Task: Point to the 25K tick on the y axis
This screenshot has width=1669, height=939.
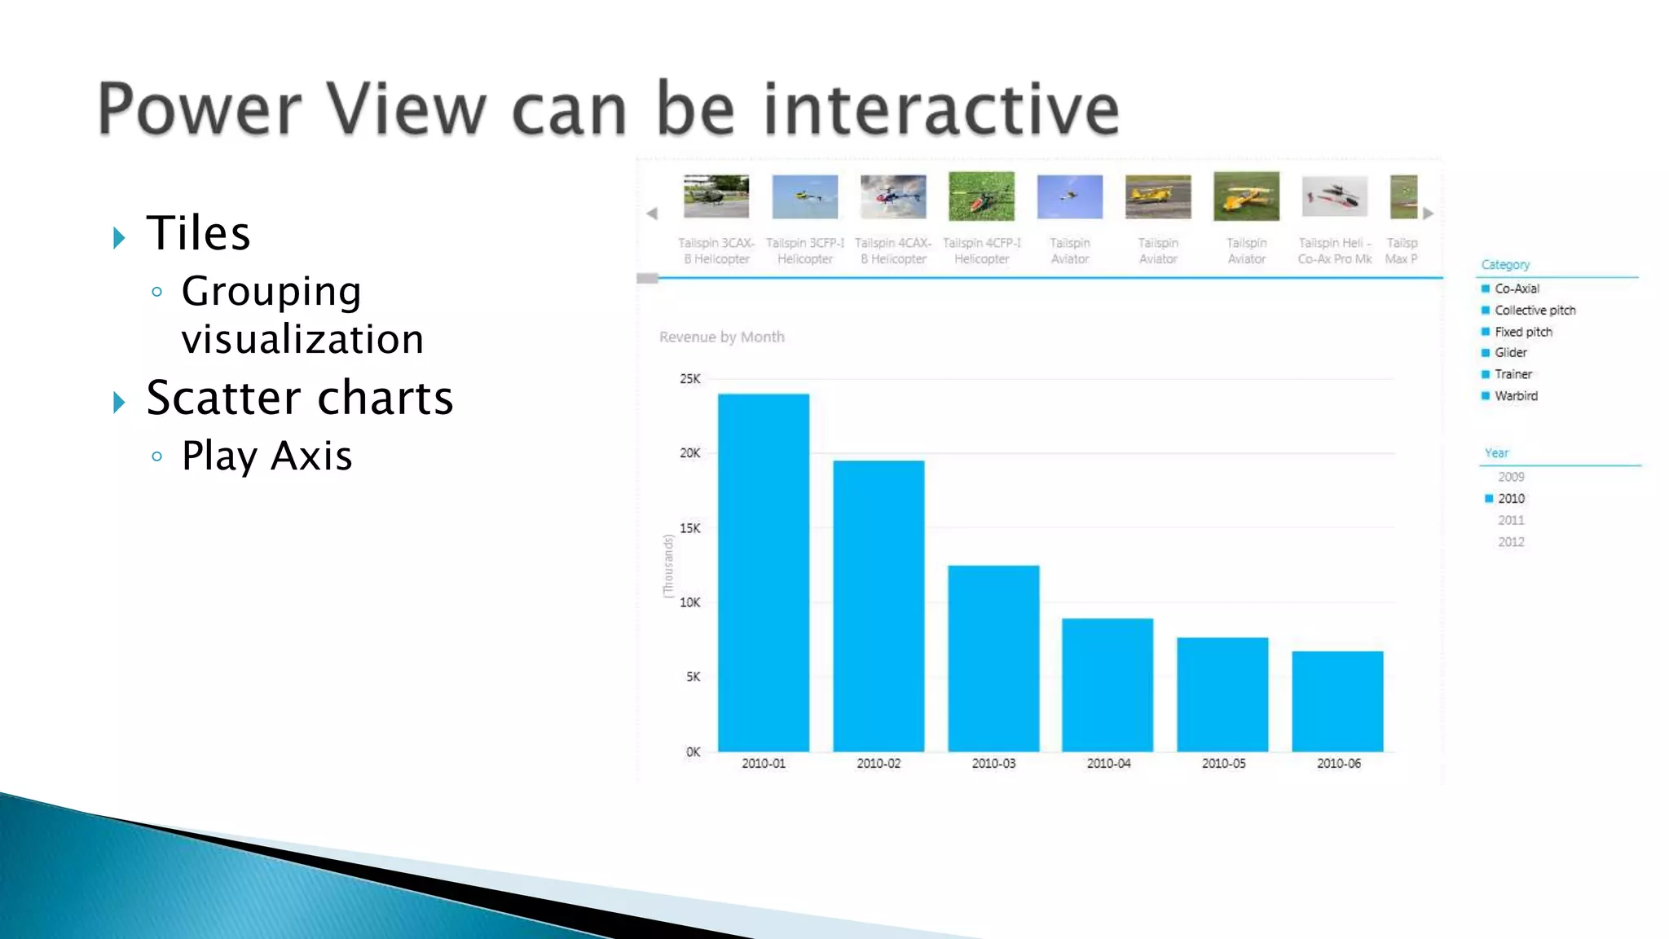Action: [689, 379]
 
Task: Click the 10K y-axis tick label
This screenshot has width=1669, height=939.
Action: [689, 602]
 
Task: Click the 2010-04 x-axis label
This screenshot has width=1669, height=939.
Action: [1108, 764]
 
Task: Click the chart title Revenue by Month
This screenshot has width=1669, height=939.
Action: [721, 337]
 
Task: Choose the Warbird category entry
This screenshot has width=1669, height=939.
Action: [1515, 396]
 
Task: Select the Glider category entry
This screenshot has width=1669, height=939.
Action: [1510, 353]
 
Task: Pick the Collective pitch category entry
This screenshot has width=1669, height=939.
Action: [1534, 311]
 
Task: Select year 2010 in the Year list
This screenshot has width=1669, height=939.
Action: [1510, 499]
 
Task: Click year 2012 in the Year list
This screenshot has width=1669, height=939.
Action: [1510, 542]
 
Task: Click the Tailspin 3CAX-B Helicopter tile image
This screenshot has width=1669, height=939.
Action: [716, 196]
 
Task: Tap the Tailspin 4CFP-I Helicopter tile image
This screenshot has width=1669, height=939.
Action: [981, 196]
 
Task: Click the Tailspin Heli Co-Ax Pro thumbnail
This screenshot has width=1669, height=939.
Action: [1334, 196]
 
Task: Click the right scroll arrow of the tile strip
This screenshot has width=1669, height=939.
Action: [1428, 214]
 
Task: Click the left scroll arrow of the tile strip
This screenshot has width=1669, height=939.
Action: [652, 214]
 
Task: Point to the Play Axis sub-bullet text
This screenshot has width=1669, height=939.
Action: [266, 456]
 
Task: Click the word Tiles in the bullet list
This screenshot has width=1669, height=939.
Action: [198, 234]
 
